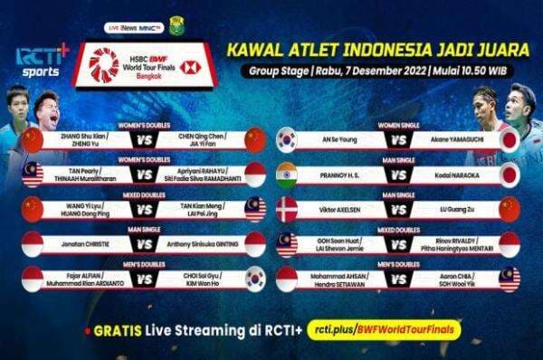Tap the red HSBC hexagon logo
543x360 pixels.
188,67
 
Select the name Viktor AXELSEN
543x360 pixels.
339,208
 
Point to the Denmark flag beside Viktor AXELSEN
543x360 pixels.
286,209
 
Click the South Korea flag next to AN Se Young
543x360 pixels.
286,139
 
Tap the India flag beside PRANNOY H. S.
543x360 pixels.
286,174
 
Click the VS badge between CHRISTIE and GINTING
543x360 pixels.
143,243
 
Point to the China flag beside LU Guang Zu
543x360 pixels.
510,209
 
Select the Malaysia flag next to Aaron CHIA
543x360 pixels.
510,279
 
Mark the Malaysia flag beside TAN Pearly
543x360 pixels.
33,174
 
